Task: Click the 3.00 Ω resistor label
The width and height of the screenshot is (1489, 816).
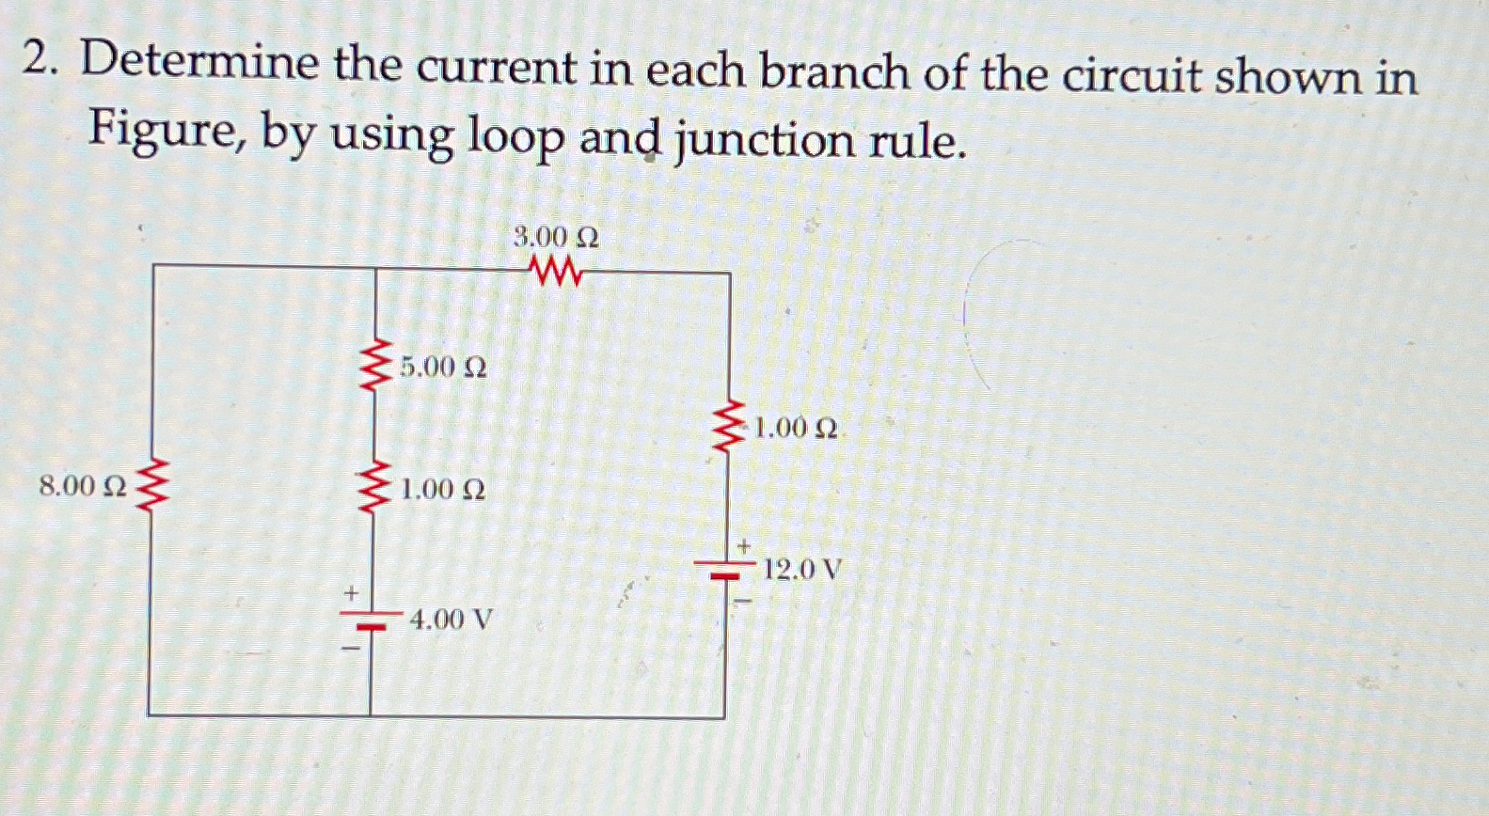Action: [556, 238]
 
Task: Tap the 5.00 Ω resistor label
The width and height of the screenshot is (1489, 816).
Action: [442, 367]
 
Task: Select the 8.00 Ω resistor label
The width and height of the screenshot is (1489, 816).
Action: [83, 486]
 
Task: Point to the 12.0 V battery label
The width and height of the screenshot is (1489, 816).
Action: [802, 569]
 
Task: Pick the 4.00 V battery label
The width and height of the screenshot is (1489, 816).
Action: [451, 620]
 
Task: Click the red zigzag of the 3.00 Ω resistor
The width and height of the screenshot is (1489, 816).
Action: [556, 274]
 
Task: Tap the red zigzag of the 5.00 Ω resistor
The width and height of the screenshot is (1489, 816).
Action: [377, 368]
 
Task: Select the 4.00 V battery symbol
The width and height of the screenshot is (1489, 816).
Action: [372, 620]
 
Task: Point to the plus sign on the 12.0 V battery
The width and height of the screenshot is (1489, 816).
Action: [743, 545]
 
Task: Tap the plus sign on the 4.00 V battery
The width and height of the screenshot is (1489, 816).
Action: [352, 594]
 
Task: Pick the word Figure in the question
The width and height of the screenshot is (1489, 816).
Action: [159, 133]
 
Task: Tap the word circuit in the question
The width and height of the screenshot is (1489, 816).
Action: [1132, 74]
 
